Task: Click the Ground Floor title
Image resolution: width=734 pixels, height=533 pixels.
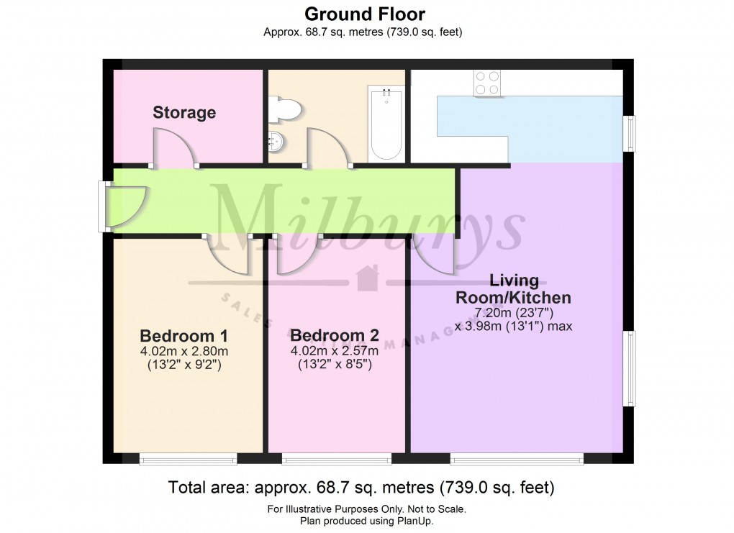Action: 364,14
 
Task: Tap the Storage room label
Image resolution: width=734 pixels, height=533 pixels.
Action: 184,113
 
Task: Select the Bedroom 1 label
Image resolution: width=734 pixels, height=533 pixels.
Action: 178,336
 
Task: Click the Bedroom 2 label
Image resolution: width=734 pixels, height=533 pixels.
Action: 335,336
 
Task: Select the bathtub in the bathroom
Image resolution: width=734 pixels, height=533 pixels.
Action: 386,123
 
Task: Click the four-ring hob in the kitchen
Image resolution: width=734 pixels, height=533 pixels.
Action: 487,83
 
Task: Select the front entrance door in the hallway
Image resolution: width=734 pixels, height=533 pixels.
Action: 124,206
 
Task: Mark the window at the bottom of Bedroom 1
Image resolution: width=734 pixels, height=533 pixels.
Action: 188,458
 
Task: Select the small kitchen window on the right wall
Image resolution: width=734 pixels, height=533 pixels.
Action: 630,134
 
